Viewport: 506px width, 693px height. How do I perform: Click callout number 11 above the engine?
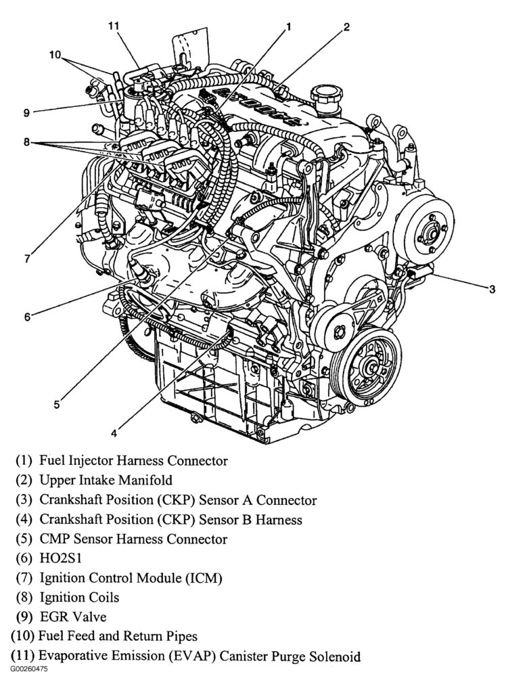click(114, 26)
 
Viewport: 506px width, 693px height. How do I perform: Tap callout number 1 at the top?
click(288, 26)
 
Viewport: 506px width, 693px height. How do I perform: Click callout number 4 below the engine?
click(114, 432)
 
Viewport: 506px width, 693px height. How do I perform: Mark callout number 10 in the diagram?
click(55, 54)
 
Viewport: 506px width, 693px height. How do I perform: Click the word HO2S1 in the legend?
click(60, 558)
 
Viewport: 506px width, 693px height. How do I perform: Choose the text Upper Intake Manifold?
click(106, 480)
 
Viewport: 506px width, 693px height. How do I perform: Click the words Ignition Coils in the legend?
click(79, 597)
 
